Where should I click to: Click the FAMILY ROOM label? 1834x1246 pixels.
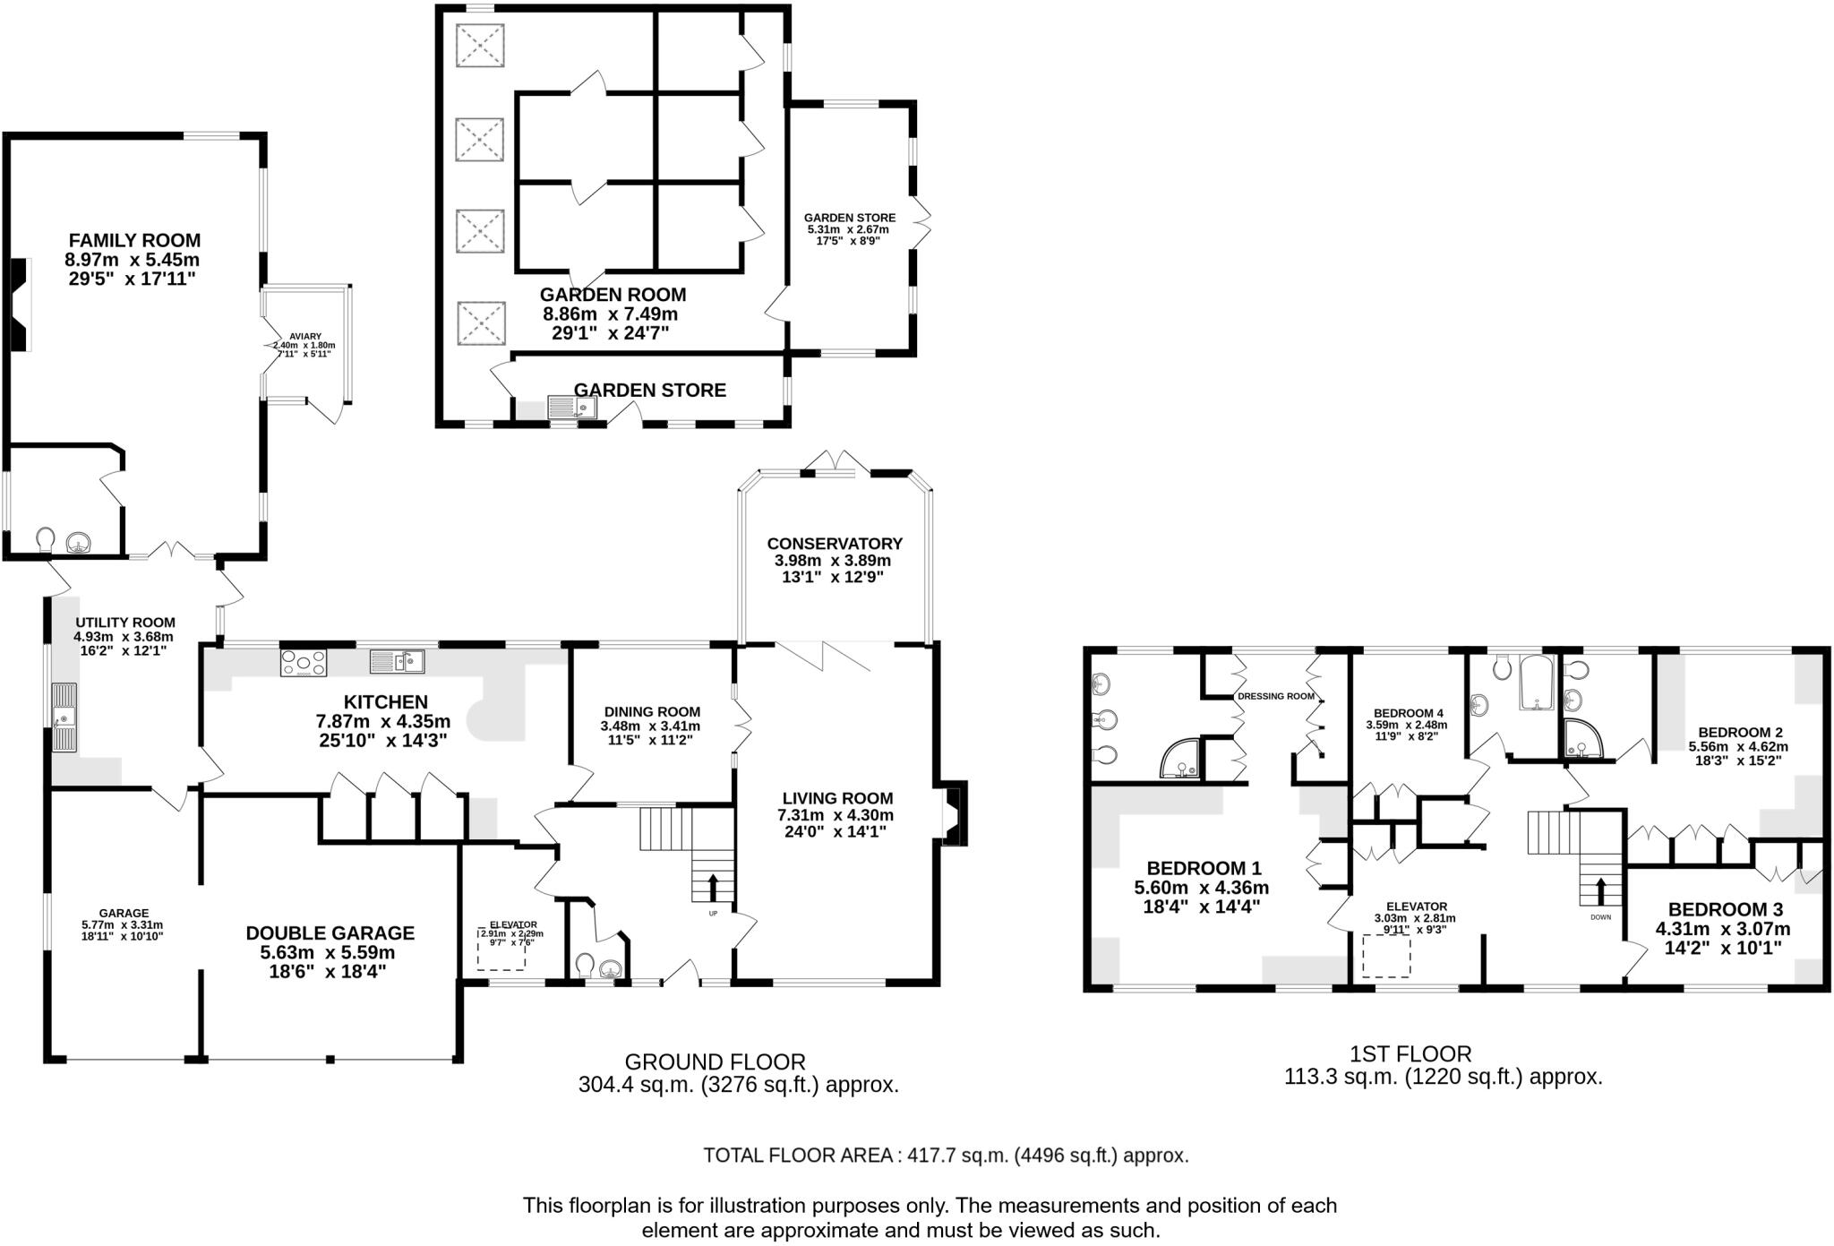click(x=134, y=240)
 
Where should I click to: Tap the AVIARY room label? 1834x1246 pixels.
click(x=304, y=336)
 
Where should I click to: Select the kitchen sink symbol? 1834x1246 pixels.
click(x=397, y=662)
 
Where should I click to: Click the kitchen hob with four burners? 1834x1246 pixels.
click(x=304, y=663)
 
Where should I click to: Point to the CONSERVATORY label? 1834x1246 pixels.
click(x=834, y=544)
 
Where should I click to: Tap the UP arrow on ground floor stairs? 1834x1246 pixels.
click(x=713, y=888)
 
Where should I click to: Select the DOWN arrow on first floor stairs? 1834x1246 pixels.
click(x=1600, y=891)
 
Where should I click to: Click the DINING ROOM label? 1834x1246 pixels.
click(x=652, y=712)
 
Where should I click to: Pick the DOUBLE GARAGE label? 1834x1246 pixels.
click(x=330, y=933)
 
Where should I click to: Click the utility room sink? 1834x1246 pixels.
click(x=64, y=717)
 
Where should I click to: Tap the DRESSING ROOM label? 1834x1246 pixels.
click(x=1275, y=696)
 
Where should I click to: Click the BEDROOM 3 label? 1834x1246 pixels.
click(x=1725, y=908)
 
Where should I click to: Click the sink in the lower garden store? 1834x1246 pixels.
click(x=571, y=408)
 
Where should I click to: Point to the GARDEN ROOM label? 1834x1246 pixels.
click(x=613, y=295)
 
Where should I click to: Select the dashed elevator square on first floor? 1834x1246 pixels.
click(x=1386, y=957)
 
